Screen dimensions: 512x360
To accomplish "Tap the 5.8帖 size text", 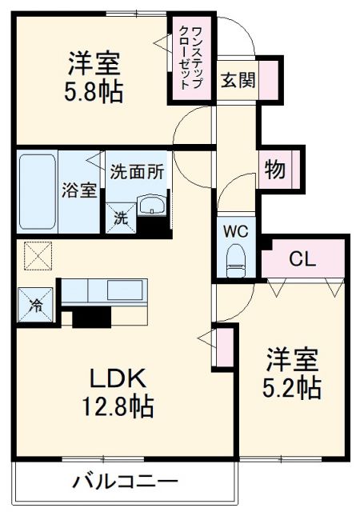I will [x=94, y=91].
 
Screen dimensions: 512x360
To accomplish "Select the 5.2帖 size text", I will [x=293, y=388].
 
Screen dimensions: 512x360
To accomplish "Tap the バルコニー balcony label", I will [x=126, y=482].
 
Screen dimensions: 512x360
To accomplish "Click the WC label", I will [x=235, y=230].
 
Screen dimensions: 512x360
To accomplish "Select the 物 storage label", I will [x=274, y=169].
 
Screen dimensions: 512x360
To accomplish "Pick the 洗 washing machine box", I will [x=118, y=215].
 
